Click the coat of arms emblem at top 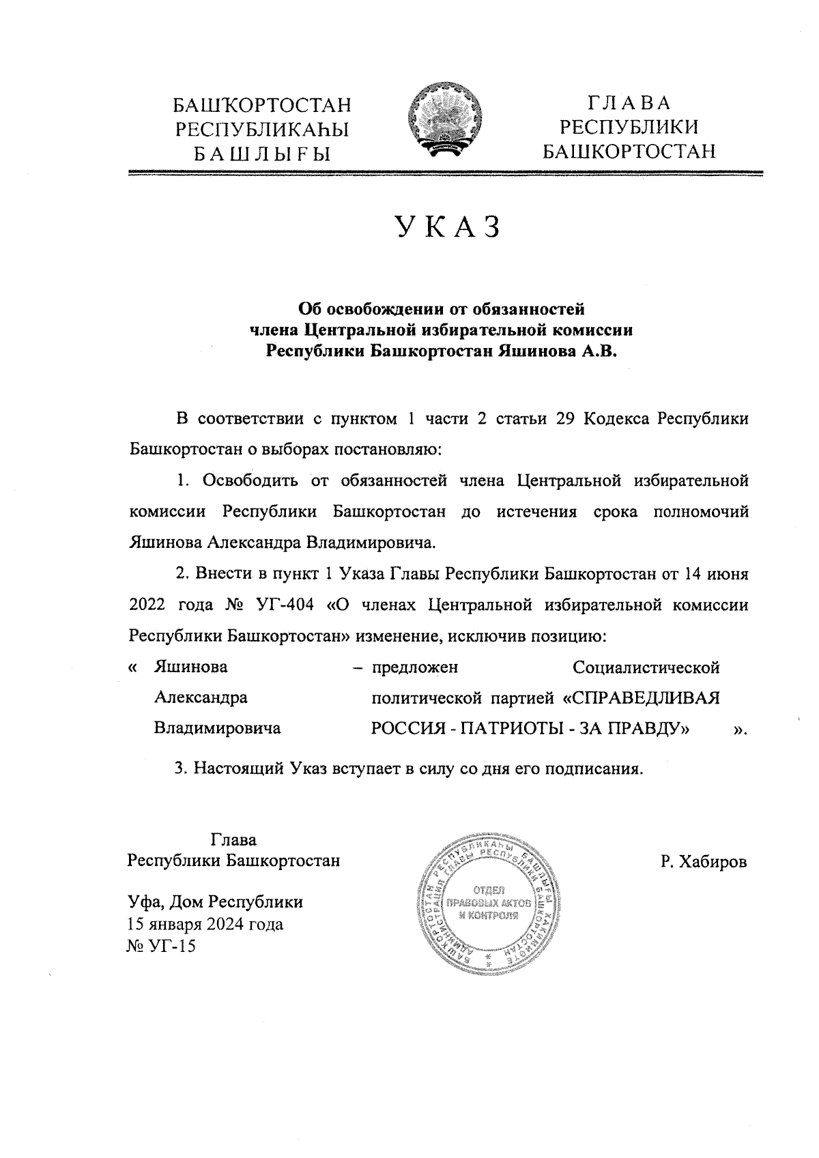point(444,121)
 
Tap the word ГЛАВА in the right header point(628,104)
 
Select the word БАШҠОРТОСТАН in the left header point(262,106)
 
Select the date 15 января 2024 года point(205,925)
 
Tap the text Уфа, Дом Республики point(216,902)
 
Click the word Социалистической point(646,667)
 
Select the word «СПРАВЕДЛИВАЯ point(641,698)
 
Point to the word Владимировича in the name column point(218,729)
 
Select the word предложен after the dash point(414,667)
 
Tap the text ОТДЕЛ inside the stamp point(488,890)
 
